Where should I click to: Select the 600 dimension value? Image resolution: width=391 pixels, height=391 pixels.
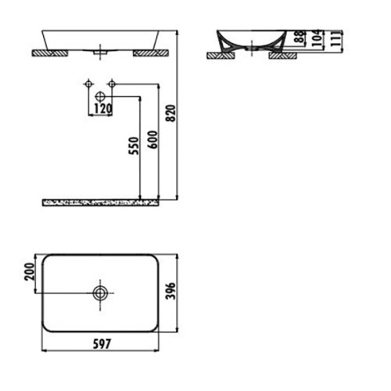[152, 139]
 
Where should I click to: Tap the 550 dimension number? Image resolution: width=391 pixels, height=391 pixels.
[135, 145]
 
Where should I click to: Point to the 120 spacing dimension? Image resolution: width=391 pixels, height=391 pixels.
[102, 109]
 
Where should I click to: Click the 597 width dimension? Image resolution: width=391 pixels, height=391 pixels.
[102, 344]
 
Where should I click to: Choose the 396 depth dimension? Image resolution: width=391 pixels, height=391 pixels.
[171, 291]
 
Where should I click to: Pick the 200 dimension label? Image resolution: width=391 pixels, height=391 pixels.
[29, 272]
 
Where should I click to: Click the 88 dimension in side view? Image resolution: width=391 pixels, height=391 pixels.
[301, 36]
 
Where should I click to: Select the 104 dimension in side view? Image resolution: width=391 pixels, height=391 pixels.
[316, 38]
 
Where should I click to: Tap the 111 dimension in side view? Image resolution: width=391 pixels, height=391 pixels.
[336, 38]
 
